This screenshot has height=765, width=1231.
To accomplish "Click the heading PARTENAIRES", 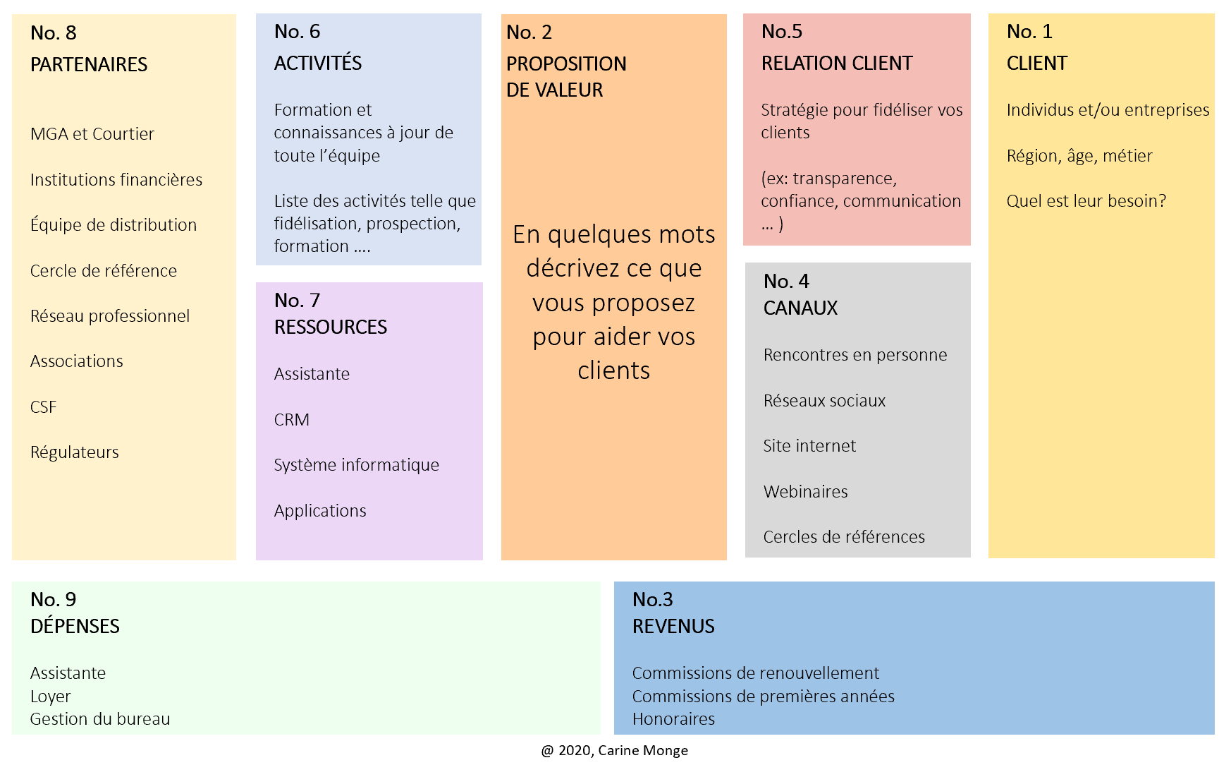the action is point(89,65).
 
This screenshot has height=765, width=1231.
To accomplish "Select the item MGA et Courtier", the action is point(92,134).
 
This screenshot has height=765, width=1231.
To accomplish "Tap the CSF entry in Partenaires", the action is point(44,407).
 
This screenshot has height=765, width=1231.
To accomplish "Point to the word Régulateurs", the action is point(75,452).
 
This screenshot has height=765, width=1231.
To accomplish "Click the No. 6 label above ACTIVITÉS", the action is point(297,32).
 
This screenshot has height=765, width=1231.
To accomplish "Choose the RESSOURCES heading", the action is point(331,327).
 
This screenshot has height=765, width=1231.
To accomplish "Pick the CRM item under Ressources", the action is point(292,420).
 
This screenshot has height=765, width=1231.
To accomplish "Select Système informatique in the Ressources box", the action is point(357,465).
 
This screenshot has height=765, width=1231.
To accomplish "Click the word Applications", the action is point(320,511).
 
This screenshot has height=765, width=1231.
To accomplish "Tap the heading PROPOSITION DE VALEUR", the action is point(566,77).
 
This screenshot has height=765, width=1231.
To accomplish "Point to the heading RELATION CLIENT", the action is point(837,64).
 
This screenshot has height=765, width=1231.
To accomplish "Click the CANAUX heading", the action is point(801,308).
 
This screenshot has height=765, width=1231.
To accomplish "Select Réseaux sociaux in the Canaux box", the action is point(824,401).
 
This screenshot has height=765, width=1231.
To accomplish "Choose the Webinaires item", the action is point(806,492).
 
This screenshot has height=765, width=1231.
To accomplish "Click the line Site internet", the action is point(809,446).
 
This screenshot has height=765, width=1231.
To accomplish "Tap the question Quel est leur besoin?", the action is point(1086,201).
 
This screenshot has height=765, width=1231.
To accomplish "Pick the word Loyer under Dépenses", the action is point(51,697).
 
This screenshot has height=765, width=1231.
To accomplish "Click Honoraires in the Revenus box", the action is point(673,719).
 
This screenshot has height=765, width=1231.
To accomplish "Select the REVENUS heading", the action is point(673,627).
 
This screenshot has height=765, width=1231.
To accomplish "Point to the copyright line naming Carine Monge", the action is point(615,751).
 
